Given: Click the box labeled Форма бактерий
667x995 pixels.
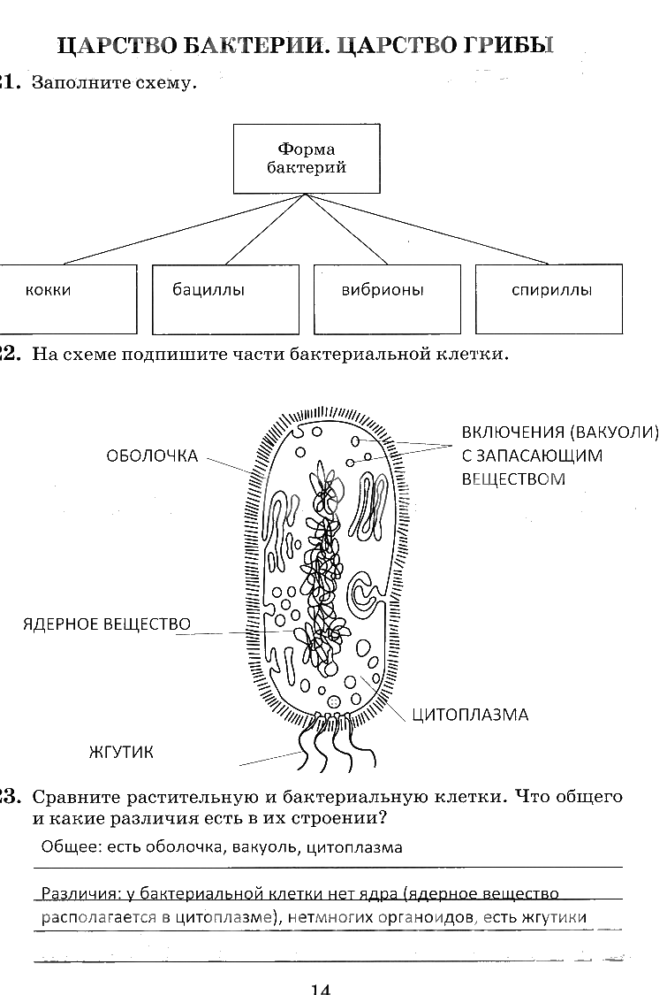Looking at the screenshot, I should coord(307,158).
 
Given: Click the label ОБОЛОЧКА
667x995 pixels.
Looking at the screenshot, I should coord(152,456).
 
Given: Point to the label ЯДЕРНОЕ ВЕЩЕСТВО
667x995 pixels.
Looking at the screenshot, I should coord(106,624).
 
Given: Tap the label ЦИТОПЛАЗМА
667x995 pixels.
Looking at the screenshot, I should coord(470,715).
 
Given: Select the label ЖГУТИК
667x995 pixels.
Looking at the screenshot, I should coord(121,753).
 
